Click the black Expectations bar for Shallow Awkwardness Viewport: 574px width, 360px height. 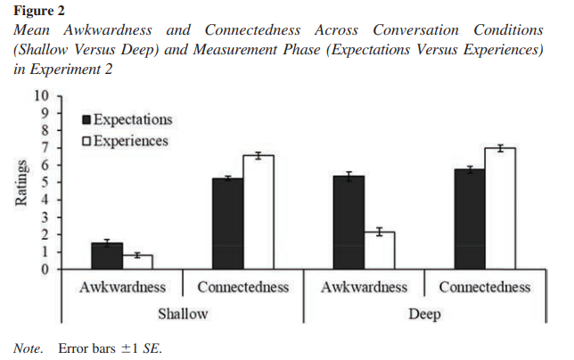106,256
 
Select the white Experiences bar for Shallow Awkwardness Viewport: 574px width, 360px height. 137,262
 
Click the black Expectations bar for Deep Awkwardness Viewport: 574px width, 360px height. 348,223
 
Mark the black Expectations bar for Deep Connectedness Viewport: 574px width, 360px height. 470,219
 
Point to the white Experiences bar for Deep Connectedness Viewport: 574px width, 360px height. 501,209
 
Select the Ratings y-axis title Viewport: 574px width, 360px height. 20,182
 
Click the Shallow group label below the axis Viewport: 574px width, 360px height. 182,314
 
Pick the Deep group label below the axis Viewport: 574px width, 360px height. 424,314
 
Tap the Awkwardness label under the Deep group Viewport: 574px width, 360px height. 364,287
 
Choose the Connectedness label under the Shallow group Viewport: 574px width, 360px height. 242,287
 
